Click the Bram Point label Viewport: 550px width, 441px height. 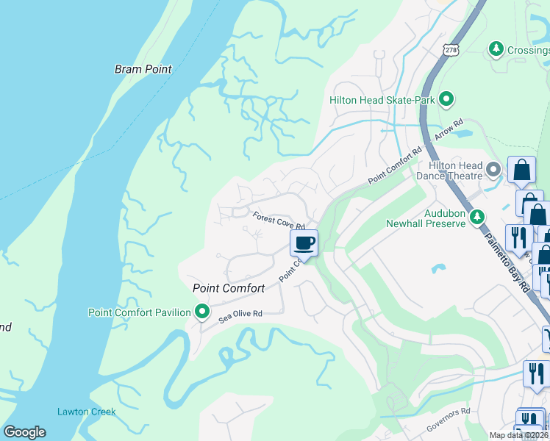click(x=143, y=69)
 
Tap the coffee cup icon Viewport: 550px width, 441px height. click(x=305, y=242)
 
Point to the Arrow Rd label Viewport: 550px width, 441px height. click(x=448, y=131)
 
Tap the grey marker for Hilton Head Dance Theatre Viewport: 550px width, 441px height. click(x=493, y=171)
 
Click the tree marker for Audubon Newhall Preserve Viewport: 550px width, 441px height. click(x=477, y=218)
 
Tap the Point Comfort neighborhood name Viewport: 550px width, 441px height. click(x=228, y=288)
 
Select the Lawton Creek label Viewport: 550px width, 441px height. click(x=86, y=412)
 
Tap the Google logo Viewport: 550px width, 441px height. click(x=24, y=432)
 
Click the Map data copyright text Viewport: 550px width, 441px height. click(x=518, y=435)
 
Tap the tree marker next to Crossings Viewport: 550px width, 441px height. click(x=496, y=49)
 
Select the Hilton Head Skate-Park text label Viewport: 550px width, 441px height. click(x=382, y=100)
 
